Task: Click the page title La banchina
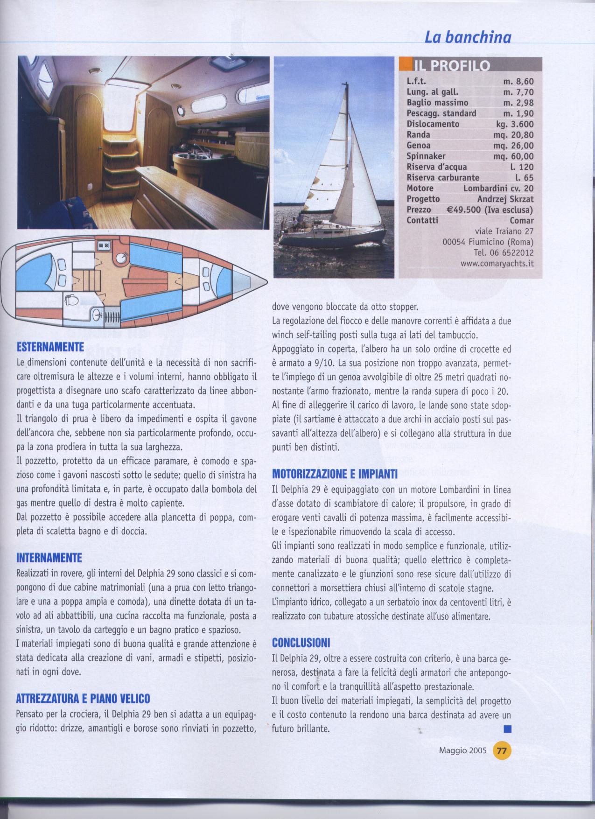point(468,37)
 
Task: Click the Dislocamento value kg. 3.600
point(514,124)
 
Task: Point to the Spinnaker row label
point(426,156)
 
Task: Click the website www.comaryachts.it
point(497,264)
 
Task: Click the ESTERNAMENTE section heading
point(50,347)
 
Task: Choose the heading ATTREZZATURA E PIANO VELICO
point(83,699)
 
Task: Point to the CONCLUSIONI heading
point(301,643)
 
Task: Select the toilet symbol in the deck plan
point(71,300)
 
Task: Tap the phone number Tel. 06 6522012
point(504,252)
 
